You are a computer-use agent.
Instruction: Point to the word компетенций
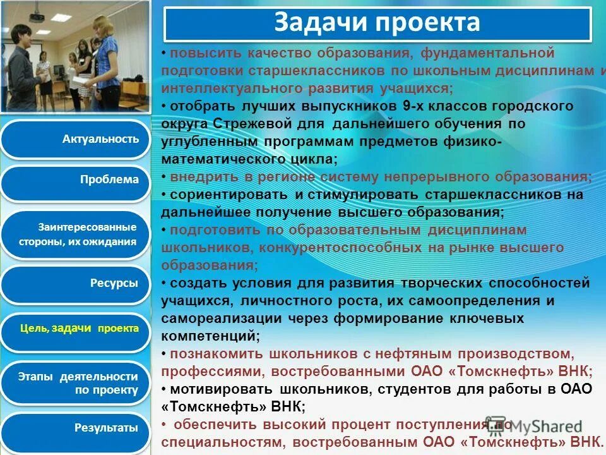[210, 335]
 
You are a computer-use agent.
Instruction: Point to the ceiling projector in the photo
[38, 16]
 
